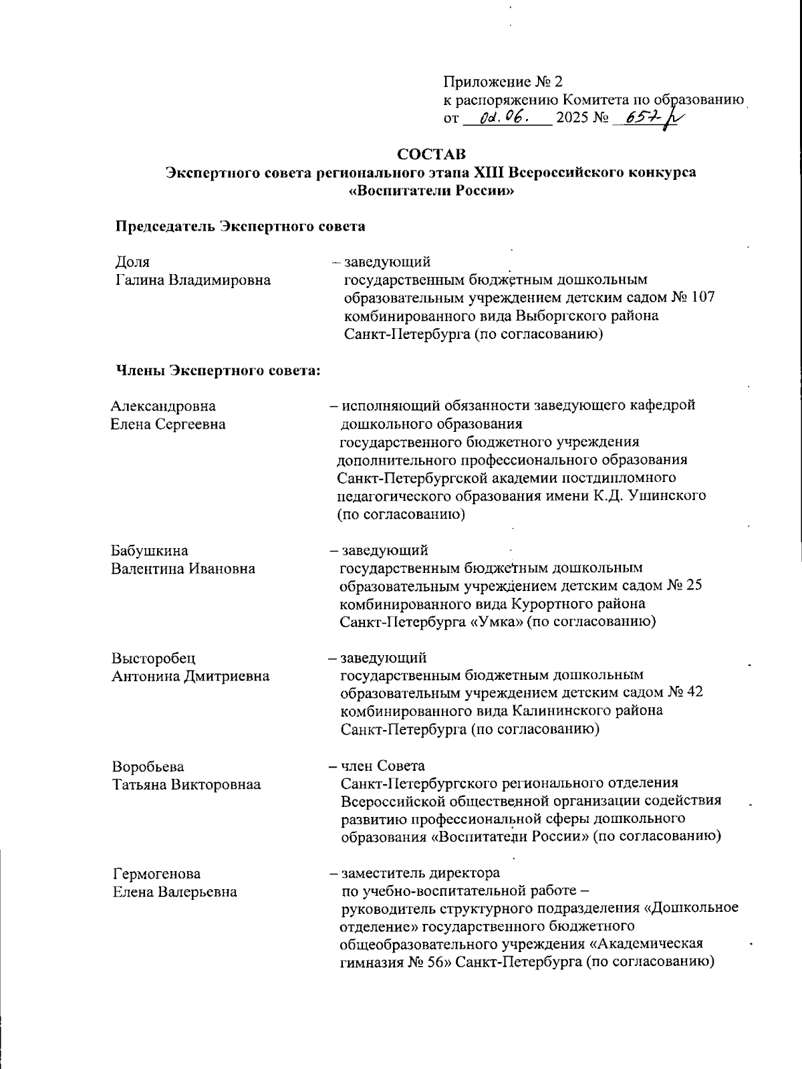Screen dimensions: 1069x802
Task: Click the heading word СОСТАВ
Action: pos(431,154)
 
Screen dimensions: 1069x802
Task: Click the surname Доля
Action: pos(133,261)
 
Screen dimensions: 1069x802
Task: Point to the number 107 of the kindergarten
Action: pos(703,298)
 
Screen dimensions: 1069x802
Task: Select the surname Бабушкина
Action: pos(150,551)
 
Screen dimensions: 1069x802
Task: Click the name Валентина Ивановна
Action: pos(183,569)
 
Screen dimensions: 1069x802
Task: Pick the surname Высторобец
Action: pos(154,658)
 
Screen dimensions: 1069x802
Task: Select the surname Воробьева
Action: pos(148,766)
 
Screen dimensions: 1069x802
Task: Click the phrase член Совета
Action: pos(383,765)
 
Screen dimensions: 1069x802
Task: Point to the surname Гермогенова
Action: pos(156,874)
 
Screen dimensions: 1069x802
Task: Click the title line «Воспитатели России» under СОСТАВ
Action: pos(432,190)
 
